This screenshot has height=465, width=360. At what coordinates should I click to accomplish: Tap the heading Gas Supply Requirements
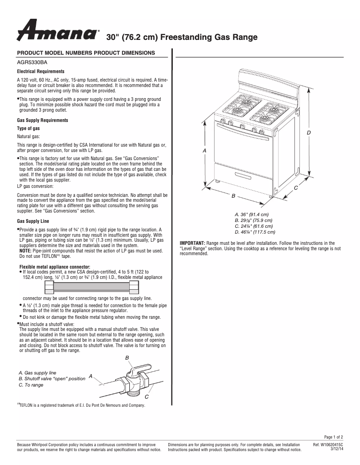point(42,121)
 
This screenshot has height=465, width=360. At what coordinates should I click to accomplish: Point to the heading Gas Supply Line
point(33,222)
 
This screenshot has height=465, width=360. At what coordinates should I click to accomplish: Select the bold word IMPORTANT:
point(192,243)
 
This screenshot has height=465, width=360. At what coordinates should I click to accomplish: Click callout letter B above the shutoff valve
point(127,357)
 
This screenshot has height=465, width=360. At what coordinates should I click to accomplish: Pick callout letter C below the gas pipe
point(146,397)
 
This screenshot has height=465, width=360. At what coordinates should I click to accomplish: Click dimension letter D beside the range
point(309,133)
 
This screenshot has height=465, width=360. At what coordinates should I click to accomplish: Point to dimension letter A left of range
point(205,151)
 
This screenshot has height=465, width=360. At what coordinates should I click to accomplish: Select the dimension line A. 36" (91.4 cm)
point(251,214)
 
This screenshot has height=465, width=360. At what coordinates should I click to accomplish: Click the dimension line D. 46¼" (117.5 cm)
point(255,232)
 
